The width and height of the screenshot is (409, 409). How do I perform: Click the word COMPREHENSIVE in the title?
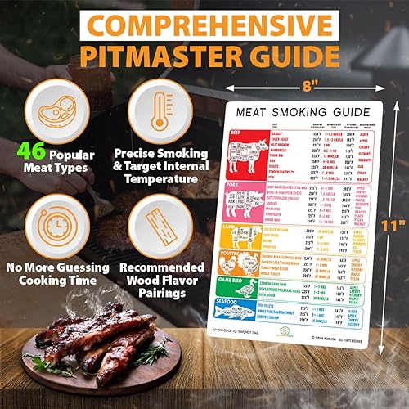tap(204, 22)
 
